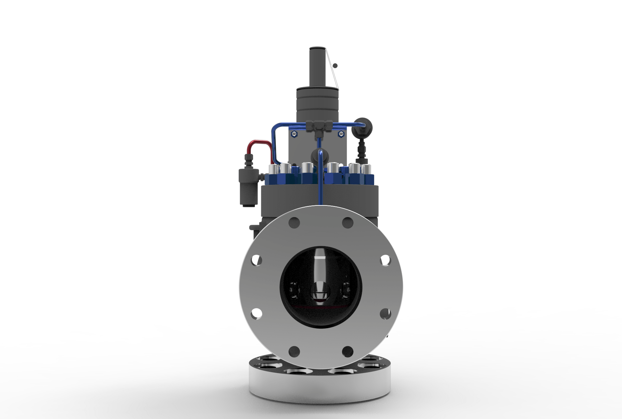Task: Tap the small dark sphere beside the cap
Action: (x=335, y=66)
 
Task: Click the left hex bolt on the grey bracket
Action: (x=294, y=134)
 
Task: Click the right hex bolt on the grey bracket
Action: (x=341, y=134)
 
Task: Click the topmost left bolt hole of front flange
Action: (x=294, y=222)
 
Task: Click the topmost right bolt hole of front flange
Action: (x=348, y=222)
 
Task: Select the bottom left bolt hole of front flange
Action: (x=294, y=351)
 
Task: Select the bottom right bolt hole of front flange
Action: (x=348, y=351)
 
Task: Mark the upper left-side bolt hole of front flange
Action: (x=256, y=260)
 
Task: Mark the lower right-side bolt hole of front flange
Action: (x=385, y=314)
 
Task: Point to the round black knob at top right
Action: (x=362, y=127)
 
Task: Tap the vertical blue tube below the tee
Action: (x=320, y=181)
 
